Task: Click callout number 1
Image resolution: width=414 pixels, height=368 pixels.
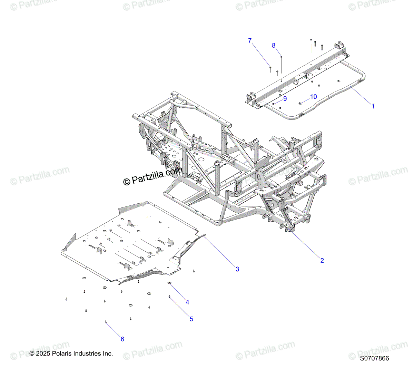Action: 373,106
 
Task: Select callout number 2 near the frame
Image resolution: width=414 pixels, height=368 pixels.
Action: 322,261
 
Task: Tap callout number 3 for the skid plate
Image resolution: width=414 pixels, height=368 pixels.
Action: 237,269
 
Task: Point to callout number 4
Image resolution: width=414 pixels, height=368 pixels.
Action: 187,302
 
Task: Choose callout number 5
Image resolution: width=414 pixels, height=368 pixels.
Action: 191,319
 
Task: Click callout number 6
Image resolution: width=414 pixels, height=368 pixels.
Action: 122,339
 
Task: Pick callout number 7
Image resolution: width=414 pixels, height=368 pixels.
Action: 250,41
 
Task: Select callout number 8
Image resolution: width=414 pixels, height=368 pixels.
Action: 274,46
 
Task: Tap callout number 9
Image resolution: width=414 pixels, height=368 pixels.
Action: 285,99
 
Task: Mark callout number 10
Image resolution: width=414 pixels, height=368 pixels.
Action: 313,97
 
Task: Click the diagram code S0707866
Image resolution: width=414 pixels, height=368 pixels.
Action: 374,359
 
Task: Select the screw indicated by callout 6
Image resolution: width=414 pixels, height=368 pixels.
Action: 106,322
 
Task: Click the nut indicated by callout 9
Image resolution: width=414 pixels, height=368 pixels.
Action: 273,103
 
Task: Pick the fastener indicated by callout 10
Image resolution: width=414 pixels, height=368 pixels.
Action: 300,103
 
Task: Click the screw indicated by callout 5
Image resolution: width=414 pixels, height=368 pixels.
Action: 169,296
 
